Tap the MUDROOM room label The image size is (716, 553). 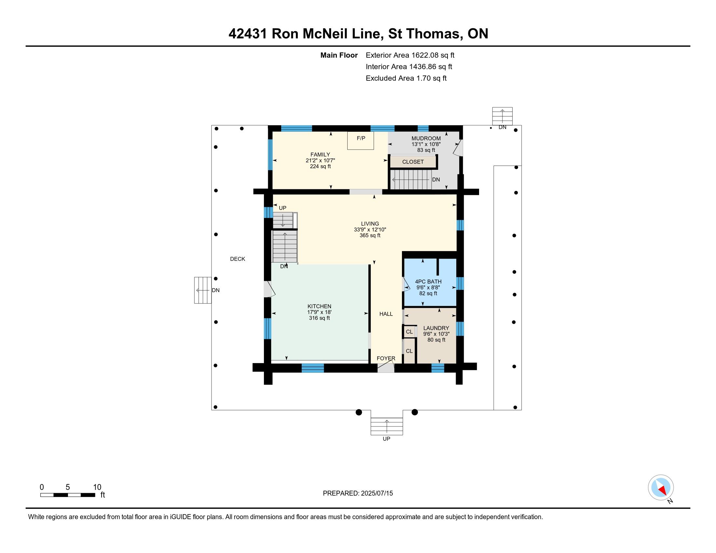tap(426, 139)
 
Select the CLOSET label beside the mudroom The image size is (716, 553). tap(413, 162)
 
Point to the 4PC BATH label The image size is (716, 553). tap(428, 281)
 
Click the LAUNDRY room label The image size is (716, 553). tap(436, 328)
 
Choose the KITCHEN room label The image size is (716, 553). tap(319, 306)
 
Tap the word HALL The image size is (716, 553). tap(386, 314)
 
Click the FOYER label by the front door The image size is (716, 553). tap(386, 358)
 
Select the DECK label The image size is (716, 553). tap(237, 259)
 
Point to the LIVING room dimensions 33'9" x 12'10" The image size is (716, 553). tap(370, 230)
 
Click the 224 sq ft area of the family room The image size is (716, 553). tap(320, 167)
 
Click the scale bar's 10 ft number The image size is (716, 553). tap(97, 487)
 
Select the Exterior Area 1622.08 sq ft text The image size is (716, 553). tap(410, 55)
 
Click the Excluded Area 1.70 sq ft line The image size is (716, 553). tap(406, 78)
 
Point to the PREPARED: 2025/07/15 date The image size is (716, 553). tap(358, 493)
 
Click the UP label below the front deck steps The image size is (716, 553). tap(386, 439)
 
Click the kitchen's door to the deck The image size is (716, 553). tap(269, 289)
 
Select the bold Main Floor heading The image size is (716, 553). tap(339, 55)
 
